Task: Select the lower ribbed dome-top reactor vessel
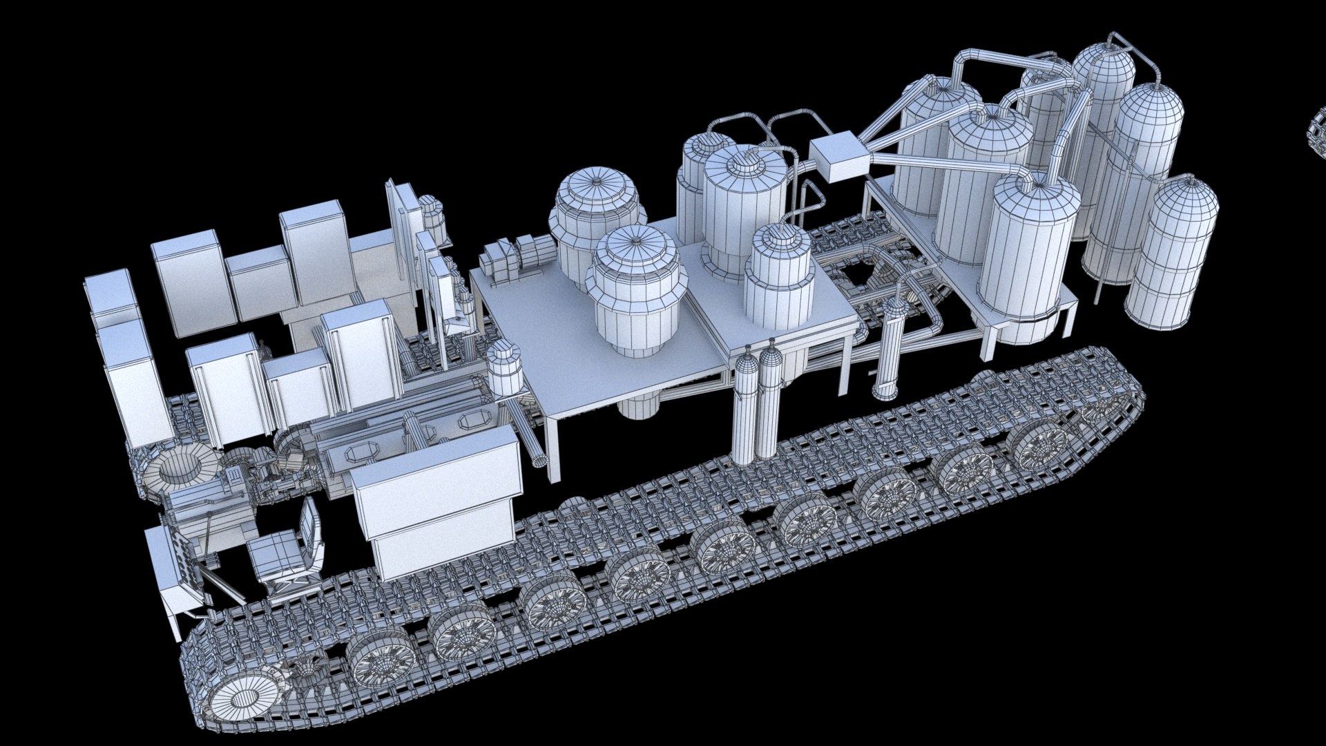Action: (x=635, y=290)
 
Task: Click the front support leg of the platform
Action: (x=552, y=449)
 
